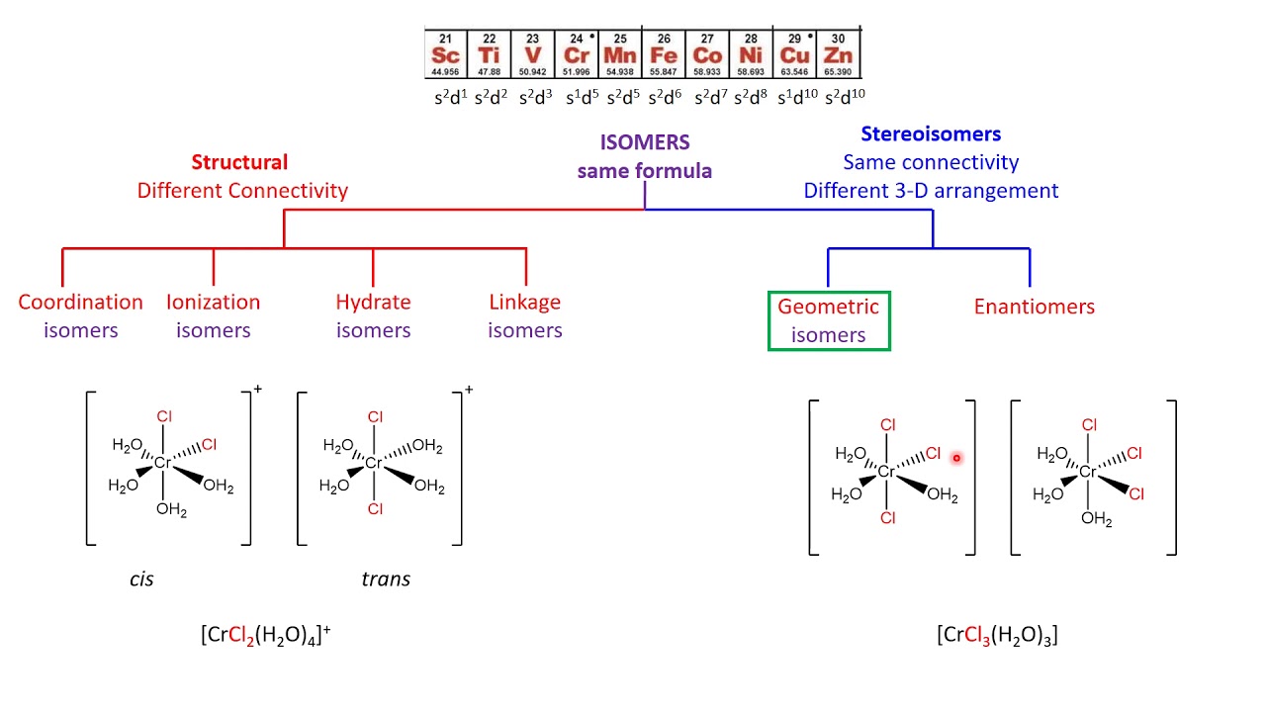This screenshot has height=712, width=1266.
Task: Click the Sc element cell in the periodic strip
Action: (x=446, y=53)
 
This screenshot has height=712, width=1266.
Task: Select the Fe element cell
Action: (x=664, y=53)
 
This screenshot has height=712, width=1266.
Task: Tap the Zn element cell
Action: (x=839, y=53)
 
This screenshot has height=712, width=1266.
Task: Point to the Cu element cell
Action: (x=794, y=53)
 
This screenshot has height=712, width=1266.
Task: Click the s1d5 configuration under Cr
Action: (x=582, y=97)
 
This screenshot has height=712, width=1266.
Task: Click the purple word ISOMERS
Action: (x=644, y=142)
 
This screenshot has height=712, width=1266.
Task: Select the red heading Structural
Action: (x=239, y=162)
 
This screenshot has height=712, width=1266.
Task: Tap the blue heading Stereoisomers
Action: (x=930, y=134)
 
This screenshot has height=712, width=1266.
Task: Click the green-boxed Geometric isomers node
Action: (x=829, y=320)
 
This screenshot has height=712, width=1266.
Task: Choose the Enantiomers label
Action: (x=1034, y=307)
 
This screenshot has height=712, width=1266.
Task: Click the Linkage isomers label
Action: (x=524, y=315)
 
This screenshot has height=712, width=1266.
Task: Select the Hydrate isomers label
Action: (x=373, y=315)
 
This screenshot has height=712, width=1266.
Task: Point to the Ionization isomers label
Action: (x=213, y=315)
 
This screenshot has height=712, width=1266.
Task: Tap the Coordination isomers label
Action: (x=80, y=315)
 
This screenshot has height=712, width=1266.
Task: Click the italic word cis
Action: (x=141, y=579)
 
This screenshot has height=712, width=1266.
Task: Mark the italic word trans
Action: (x=385, y=579)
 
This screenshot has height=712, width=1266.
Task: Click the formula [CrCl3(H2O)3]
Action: (x=996, y=636)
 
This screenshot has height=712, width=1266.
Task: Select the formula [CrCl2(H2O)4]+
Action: (x=265, y=636)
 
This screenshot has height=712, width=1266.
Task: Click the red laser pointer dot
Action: (x=956, y=458)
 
